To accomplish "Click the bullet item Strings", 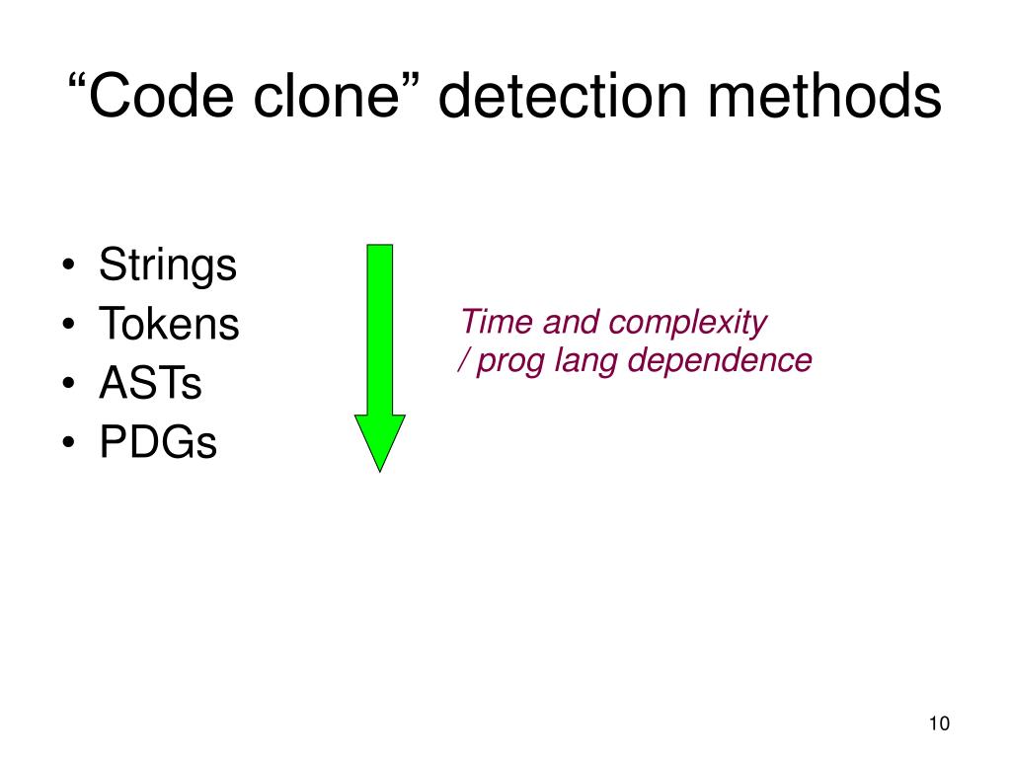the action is pos(168,265).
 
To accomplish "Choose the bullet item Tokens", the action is pos(169,325).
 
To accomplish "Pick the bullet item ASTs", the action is pos(150,384).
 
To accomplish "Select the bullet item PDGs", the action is pos(157,443).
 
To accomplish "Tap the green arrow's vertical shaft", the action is pos(379,326).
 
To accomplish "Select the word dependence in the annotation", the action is pos(720,361).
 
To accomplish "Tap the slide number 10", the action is pos(938,724).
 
